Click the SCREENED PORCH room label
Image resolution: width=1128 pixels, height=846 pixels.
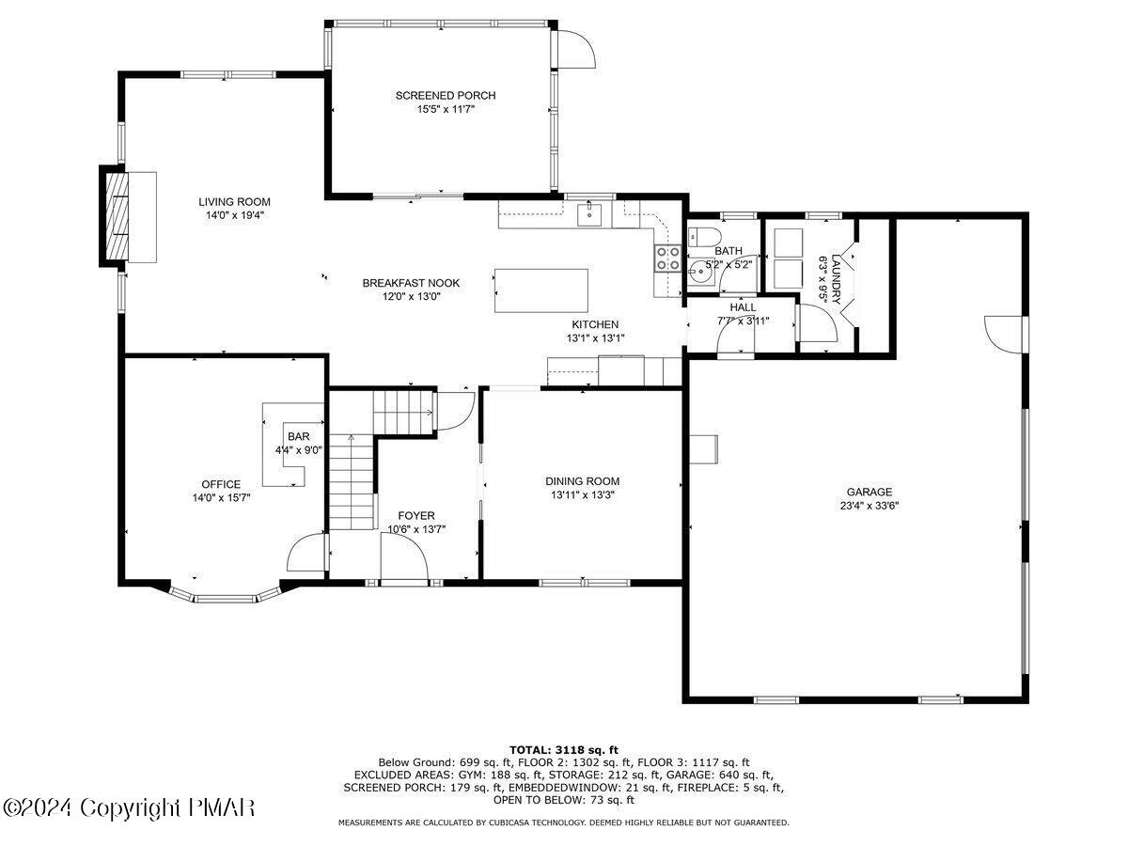tap(445, 95)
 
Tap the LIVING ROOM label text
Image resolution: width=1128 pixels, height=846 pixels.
tap(234, 201)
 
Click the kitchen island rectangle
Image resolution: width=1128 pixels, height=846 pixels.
tap(541, 290)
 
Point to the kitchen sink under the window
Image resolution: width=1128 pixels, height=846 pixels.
tap(589, 215)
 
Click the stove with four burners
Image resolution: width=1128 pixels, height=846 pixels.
tap(668, 258)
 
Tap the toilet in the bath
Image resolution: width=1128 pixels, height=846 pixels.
tap(702, 235)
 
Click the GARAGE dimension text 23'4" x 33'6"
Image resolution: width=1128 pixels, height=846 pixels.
tap(869, 505)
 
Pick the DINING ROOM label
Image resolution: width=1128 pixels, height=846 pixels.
tap(586, 480)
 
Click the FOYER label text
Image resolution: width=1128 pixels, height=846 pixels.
tap(415, 515)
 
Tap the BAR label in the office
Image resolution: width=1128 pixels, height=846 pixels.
tap(299, 436)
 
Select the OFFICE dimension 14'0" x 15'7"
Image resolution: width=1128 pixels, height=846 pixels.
tap(221, 498)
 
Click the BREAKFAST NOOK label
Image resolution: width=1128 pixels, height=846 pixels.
tap(411, 282)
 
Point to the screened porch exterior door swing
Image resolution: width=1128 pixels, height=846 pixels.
tap(573, 47)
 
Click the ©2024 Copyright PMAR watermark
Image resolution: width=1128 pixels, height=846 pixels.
tap(129, 807)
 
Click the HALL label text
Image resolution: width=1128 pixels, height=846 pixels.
tap(743, 306)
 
